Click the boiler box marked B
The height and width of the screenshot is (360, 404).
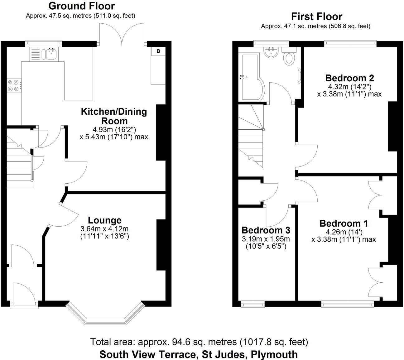click(x=158, y=51)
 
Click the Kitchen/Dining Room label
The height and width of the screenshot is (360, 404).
click(x=114, y=116)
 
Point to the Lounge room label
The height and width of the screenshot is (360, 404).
click(x=104, y=220)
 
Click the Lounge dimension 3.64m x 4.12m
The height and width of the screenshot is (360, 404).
click(x=104, y=229)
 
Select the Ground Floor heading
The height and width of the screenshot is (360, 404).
click(x=82, y=6)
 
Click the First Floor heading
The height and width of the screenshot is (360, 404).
click(x=316, y=16)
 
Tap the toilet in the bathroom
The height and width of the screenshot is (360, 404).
click(x=290, y=58)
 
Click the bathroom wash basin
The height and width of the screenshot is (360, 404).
click(x=271, y=52)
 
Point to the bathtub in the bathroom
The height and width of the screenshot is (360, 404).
click(x=249, y=77)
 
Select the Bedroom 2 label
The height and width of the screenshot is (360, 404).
click(x=349, y=78)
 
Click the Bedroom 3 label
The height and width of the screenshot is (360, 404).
click(x=266, y=230)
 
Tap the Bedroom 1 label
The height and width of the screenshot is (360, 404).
click(x=344, y=223)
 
